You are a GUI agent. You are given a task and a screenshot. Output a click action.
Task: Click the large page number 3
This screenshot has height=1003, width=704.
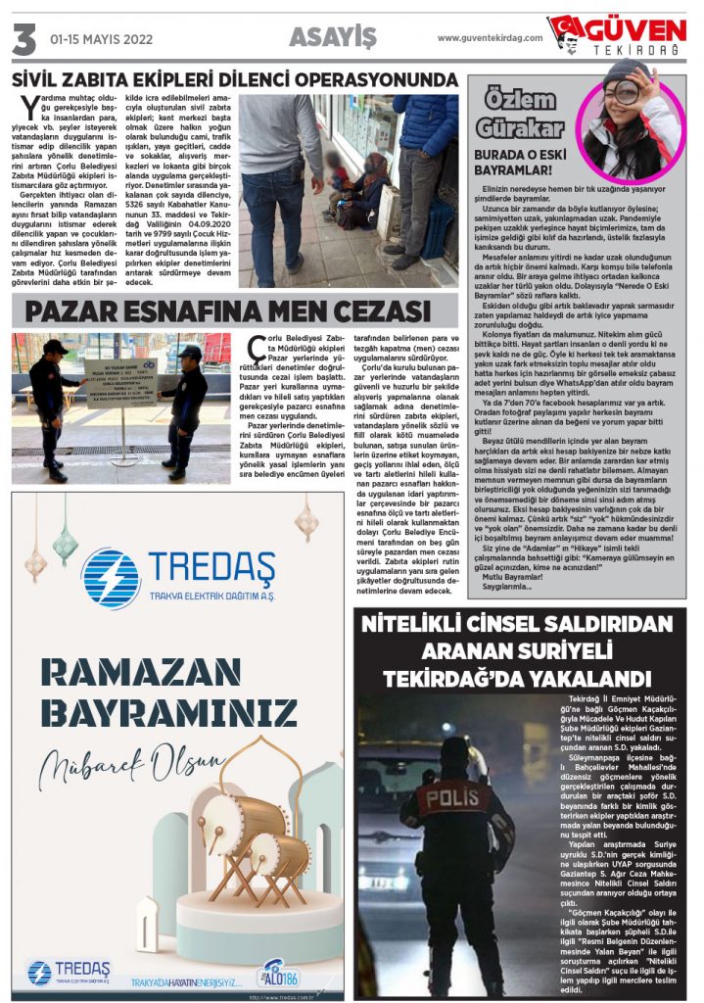tap(23, 38)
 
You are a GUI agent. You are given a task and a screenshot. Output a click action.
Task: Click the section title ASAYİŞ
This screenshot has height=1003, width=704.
tap(333, 37)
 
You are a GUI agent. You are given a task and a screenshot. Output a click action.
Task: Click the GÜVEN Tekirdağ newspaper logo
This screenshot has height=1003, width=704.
tap(618, 35)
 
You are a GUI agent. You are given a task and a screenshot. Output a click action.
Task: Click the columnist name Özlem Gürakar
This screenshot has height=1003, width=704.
tap(522, 113)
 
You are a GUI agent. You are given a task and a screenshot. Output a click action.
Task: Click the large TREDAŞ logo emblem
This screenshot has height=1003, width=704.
tap(111, 579)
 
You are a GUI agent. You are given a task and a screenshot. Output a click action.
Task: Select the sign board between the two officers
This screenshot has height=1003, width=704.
tap(121, 382)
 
